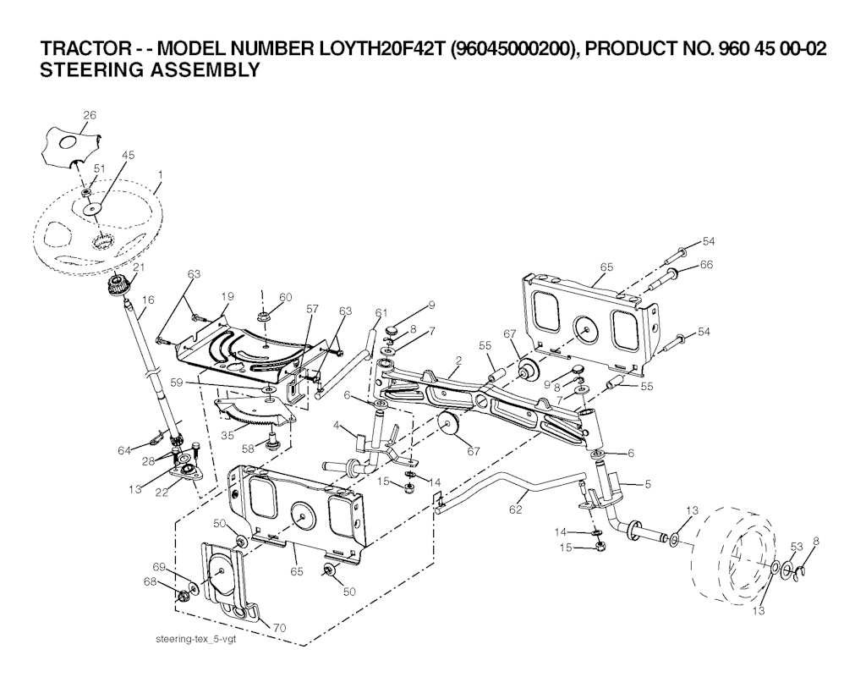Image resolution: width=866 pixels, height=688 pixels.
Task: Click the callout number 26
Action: tap(90, 115)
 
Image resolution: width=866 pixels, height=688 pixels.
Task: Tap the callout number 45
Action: tap(129, 156)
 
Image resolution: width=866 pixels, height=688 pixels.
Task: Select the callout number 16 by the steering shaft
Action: tap(149, 300)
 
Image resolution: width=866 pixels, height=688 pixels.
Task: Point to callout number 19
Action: tap(227, 296)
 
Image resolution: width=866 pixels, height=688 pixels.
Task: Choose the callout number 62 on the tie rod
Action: tap(516, 509)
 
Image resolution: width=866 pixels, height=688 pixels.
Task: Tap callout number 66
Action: tap(706, 265)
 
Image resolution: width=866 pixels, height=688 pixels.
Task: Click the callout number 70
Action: tap(280, 627)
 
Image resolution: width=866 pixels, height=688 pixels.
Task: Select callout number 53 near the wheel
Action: tap(796, 546)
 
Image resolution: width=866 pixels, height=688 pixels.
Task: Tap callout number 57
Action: tap(313, 310)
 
